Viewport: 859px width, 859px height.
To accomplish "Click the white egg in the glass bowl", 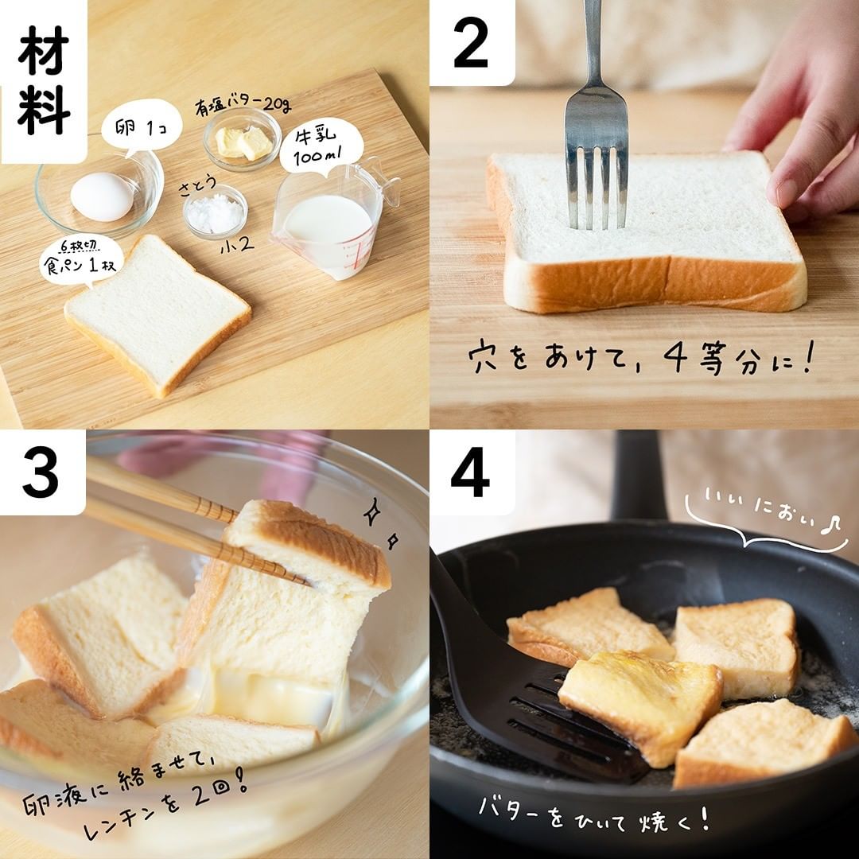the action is point(103,196).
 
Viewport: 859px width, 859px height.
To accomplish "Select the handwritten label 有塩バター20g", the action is point(243,105).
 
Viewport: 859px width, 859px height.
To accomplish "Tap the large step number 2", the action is point(471,43).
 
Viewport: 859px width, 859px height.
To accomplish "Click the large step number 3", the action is point(41,472).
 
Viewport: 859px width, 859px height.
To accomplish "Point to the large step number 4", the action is point(470,472).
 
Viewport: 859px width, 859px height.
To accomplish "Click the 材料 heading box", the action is point(44,80).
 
